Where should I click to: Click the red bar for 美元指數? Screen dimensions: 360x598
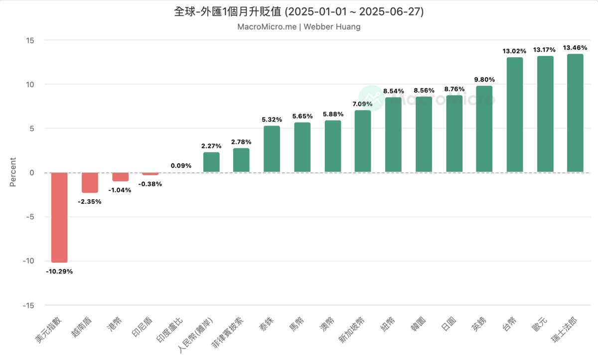[x=59, y=217]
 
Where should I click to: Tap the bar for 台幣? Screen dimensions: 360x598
[x=515, y=115]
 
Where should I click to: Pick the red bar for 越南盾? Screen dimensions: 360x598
[x=90, y=183]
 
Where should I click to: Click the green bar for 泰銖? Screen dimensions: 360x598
[x=272, y=149]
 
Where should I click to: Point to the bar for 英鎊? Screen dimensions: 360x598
[x=484, y=129]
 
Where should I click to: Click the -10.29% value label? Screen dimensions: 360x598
[x=59, y=271]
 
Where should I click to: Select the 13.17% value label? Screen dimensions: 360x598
[x=545, y=49]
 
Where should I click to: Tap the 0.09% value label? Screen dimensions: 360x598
[x=181, y=165]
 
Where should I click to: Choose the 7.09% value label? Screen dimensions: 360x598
[x=363, y=104]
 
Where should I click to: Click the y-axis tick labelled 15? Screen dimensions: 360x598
[x=30, y=40]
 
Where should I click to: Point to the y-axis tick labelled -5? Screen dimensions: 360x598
[x=29, y=217]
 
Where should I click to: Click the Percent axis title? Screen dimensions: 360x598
[x=13, y=173]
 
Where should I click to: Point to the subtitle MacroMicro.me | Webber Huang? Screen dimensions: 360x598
[x=299, y=27]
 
